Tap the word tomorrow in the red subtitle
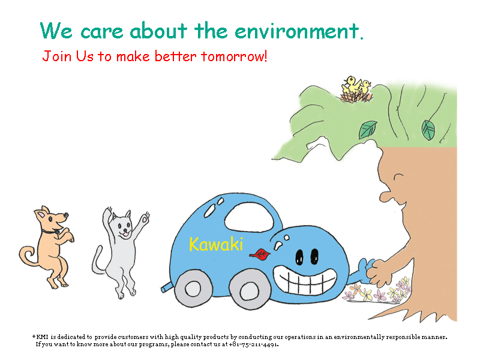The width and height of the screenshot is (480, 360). tap(234, 56)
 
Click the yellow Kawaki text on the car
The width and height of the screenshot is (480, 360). tap(216, 244)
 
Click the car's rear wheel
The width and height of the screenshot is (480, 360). tap(193, 289)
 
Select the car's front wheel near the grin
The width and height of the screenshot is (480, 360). tap(250, 290)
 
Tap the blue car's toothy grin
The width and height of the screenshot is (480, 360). tap(305, 279)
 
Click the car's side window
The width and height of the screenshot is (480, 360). tap(249, 217)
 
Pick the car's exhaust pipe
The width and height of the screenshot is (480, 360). tap(167, 287)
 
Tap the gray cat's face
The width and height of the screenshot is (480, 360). tap(124, 226)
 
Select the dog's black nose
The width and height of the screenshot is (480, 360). tap(66, 215)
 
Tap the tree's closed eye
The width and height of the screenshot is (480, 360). tap(398, 178)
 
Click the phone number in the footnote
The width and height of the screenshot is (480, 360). tap(253, 344)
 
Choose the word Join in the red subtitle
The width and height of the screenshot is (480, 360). tap(56, 56)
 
